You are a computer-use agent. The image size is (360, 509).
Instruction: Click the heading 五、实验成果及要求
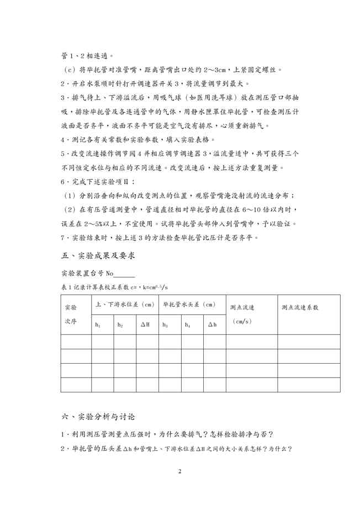[98, 256]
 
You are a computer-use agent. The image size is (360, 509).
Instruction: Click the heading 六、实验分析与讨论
[98, 416]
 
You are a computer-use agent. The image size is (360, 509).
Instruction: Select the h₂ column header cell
[120, 325]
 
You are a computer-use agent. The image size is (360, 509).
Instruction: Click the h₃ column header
[165, 325]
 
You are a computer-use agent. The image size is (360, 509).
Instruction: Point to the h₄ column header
[187, 325]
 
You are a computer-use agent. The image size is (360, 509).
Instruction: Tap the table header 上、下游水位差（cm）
[125, 305]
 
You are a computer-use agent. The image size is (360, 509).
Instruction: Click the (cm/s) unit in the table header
[241, 321]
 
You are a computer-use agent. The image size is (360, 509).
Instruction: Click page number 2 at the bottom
[180, 471]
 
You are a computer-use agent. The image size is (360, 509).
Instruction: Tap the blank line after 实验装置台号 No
[125, 274]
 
